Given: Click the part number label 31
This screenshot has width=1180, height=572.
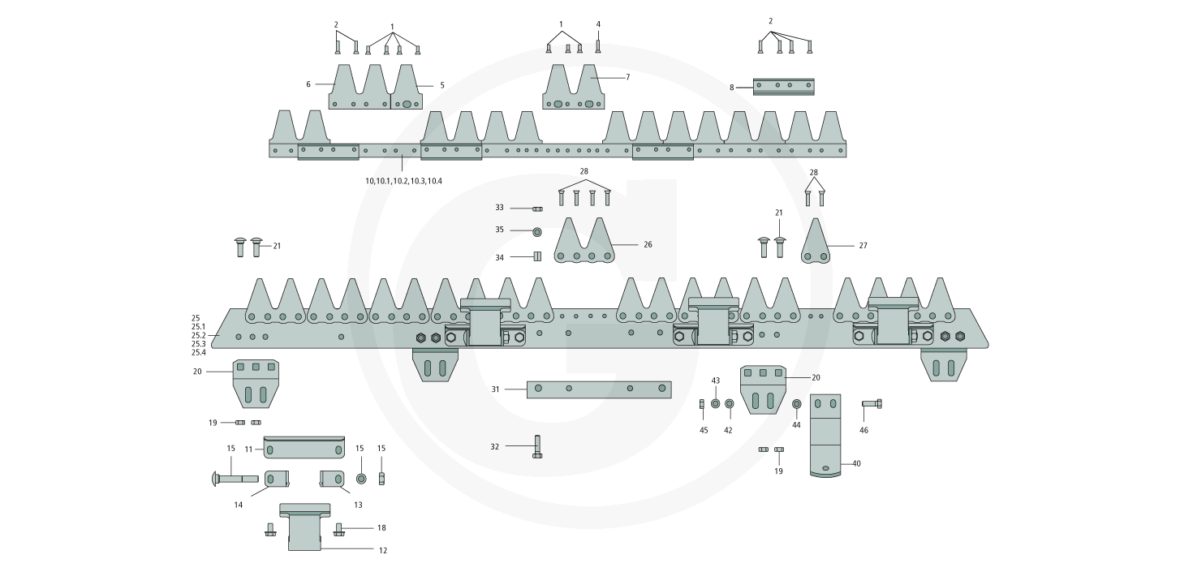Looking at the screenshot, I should point(495,389).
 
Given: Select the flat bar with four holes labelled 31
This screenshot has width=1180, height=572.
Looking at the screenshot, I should point(599,389).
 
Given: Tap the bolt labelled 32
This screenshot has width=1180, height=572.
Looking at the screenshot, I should point(537,447).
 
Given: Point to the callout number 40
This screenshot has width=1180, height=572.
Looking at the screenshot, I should point(856,463).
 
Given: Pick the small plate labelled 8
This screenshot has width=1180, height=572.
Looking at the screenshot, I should point(783,86).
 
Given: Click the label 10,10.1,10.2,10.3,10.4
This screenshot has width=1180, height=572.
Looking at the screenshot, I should point(403,181).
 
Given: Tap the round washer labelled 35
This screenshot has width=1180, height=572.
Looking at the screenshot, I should point(537,231).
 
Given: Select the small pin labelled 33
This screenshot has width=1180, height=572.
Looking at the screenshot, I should point(536,209).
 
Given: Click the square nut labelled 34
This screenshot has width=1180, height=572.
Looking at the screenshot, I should point(537,257).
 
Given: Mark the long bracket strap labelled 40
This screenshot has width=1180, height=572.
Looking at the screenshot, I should point(825,436).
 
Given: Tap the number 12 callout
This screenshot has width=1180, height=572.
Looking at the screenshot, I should point(383,550).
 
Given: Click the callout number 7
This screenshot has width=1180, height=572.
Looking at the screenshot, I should point(627,77).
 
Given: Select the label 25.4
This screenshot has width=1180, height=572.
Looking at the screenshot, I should point(199,353).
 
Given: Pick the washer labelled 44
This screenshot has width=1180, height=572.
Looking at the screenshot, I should point(796,404).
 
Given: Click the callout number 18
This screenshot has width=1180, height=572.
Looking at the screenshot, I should point(381,528).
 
